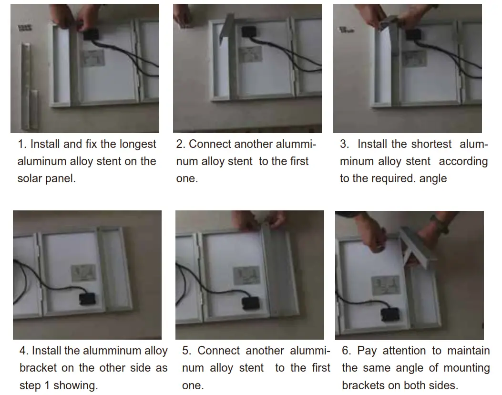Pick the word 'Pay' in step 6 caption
367,351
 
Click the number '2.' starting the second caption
181,144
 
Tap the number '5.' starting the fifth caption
187,351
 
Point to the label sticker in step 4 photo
83,273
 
